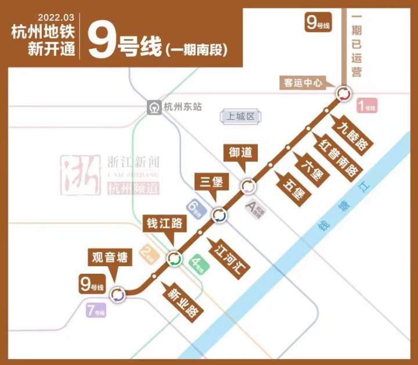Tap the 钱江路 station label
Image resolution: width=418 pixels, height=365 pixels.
point(164,223)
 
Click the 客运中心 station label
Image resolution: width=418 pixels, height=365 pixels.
point(302,83)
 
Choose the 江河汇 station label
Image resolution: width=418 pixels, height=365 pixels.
point(231,258)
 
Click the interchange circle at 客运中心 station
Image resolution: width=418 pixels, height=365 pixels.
point(343,94)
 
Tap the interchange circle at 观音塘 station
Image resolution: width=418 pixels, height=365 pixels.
point(118,295)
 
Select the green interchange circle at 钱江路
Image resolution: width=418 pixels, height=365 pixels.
point(174,259)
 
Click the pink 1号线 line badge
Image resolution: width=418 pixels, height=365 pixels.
point(367,106)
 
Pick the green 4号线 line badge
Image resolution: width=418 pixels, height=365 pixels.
point(200,264)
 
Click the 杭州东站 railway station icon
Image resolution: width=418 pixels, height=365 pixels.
point(154,108)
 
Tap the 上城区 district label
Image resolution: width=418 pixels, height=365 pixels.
point(239,117)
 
